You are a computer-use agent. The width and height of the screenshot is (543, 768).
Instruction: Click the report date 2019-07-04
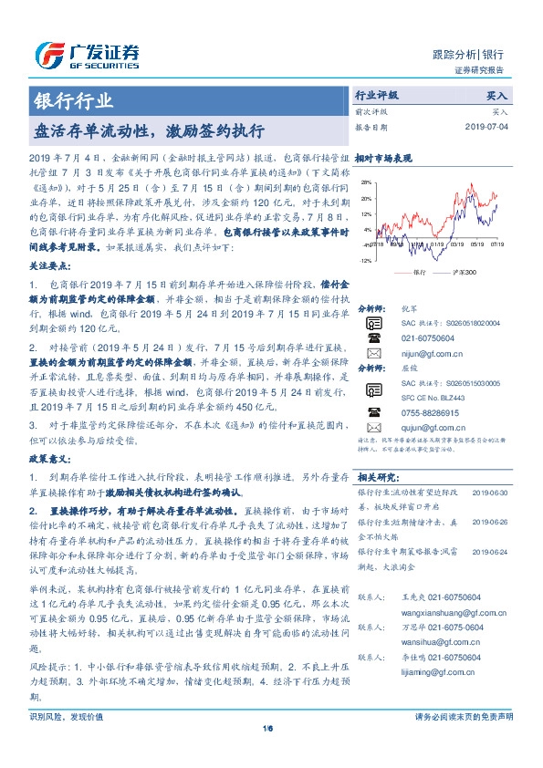490,127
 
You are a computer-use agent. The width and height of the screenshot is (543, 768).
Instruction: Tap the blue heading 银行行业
73,101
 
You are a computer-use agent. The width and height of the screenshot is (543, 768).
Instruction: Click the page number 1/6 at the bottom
271,753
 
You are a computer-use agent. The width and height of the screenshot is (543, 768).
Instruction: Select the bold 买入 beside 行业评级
498,94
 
